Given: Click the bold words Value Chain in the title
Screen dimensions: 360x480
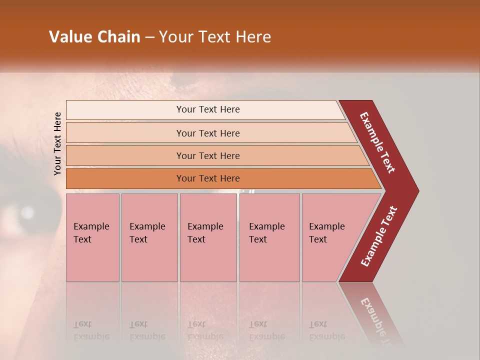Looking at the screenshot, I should tap(94, 37).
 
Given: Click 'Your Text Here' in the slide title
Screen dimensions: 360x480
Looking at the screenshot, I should tap(215, 37).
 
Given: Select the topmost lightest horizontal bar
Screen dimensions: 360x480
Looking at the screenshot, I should tap(125, 110).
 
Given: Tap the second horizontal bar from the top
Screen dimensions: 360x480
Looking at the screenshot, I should tap(125, 133).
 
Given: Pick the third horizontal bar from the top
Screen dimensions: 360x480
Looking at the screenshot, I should tap(125, 155).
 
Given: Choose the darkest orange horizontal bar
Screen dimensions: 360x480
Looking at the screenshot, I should tap(125, 178).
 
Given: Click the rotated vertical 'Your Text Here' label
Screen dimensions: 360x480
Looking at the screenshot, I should tap(57, 144).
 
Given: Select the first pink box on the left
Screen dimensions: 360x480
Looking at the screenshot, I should tap(92, 237).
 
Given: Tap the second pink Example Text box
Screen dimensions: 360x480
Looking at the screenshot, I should tap(149, 237).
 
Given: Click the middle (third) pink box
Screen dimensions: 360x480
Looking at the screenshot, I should tap(208, 237).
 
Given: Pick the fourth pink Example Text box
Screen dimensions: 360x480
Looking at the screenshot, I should tap(269, 237).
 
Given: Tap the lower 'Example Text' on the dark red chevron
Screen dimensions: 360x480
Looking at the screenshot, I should tap(378, 236).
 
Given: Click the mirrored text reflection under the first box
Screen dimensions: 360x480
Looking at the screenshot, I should tap(91, 330).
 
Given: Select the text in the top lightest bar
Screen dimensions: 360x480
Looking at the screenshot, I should tap(208, 109).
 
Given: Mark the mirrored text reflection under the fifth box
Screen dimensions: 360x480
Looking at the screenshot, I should tap(326, 330).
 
